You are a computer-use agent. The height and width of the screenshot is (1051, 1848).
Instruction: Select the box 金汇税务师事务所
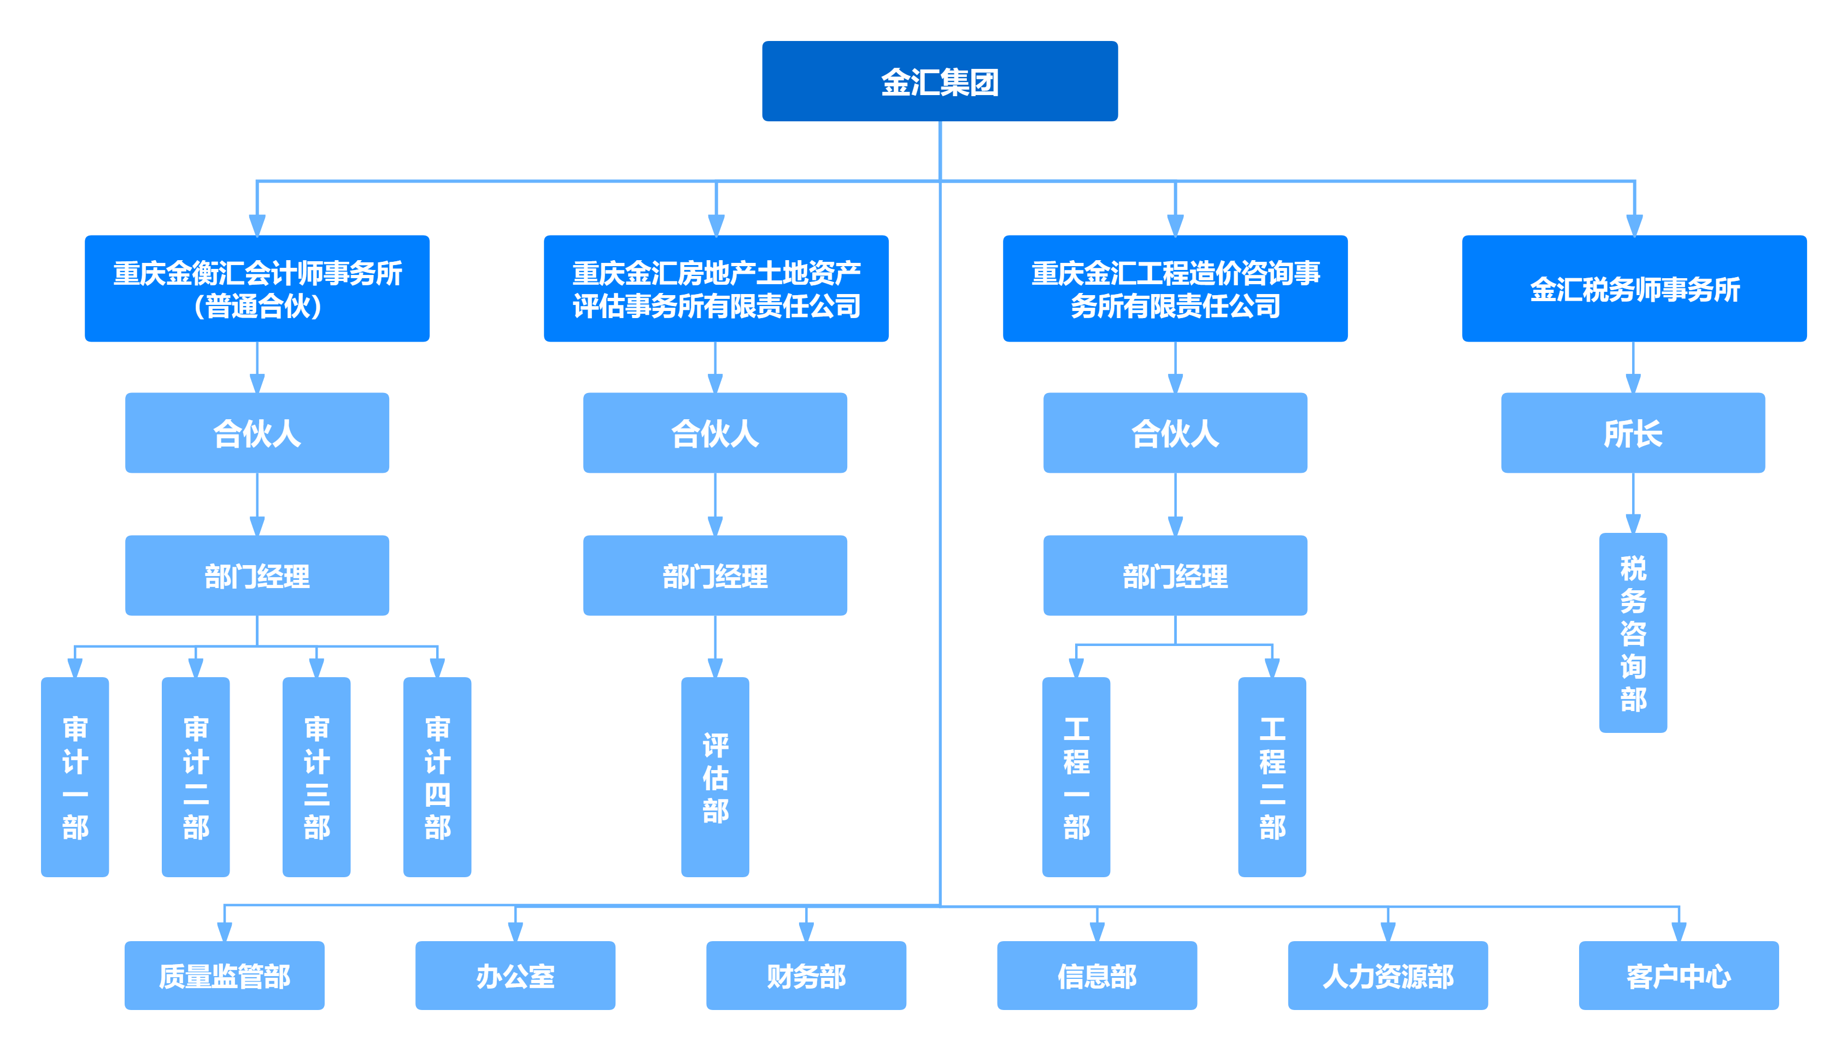pyautogui.click(x=1634, y=289)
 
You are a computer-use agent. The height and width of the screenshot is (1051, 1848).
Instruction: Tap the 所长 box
pyautogui.click(x=1632, y=433)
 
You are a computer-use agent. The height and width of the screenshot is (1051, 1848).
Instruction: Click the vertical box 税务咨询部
pyautogui.click(x=1632, y=633)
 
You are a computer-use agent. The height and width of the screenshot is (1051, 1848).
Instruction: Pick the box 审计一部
pyautogui.click(x=75, y=777)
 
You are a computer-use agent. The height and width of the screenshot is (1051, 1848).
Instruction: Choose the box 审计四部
pyautogui.click(x=437, y=777)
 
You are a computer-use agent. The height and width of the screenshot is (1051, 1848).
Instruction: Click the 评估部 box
pyautogui.click(x=714, y=777)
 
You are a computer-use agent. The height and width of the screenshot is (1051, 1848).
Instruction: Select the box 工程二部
pyautogui.click(x=1271, y=777)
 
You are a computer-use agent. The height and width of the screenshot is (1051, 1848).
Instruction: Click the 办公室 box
pyautogui.click(x=515, y=975)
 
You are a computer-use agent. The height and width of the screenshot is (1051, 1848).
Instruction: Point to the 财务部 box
pyautogui.click(x=806, y=975)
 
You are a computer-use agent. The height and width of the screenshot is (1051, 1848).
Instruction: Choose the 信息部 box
pyautogui.click(x=1096, y=975)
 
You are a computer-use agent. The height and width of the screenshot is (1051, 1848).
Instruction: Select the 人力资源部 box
pyautogui.click(x=1387, y=975)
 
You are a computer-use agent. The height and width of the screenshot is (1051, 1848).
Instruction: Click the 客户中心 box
pyautogui.click(x=1679, y=975)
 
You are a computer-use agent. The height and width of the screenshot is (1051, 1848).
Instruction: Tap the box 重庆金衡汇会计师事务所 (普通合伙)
pyautogui.click(x=257, y=289)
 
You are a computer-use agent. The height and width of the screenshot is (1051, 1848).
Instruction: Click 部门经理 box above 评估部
pyautogui.click(x=714, y=576)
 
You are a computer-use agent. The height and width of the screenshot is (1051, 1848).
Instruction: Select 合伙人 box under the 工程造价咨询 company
pyautogui.click(x=1175, y=433)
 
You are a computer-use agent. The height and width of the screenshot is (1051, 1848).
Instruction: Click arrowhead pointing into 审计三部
pyautogui.click(x=316, y=668)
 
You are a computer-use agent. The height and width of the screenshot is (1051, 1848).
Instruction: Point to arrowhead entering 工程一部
pyautogui.click(x=1076, y=668)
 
